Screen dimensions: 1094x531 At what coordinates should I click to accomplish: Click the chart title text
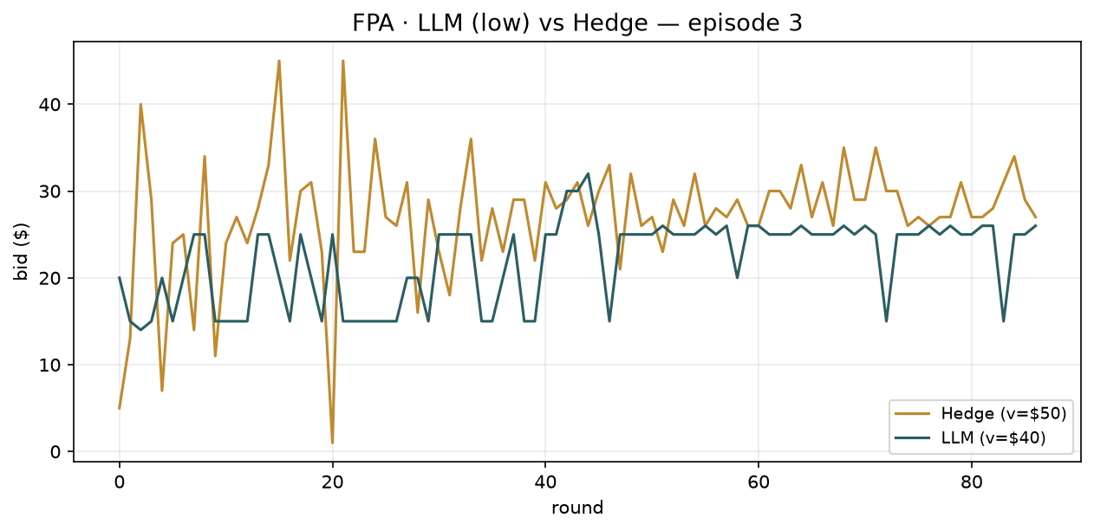[577, 23]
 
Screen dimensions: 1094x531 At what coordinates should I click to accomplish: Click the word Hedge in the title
[610, 23]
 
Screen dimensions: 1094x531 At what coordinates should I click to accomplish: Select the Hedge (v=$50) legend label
[1004, 413]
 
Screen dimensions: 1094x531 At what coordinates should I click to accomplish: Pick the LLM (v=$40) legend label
[993, 437]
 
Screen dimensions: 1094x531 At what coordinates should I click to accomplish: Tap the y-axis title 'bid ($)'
[22, 252]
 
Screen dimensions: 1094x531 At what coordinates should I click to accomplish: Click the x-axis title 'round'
[577, 508]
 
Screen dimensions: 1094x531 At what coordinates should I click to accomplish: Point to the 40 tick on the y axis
[49, 105]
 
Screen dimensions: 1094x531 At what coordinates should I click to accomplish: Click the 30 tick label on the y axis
[49, 191]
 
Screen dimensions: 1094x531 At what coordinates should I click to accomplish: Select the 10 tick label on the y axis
[49, 365]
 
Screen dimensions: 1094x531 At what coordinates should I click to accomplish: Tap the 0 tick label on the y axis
[55, 452]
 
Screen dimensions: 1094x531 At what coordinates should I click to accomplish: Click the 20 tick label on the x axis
[333, 482]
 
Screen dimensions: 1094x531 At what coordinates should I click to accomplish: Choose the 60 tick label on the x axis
[759, 482]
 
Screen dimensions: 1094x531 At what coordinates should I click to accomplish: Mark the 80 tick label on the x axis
[972, 482]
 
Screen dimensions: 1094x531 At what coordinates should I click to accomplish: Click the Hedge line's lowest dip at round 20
[333, 443]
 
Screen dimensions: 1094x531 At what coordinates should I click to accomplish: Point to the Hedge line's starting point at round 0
[120, 408]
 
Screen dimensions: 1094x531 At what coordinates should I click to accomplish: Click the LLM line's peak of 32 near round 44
[588, 174]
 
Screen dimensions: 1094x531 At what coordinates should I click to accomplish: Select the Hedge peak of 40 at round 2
[140, 105]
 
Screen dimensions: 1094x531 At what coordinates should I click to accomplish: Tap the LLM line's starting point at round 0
[120, 278]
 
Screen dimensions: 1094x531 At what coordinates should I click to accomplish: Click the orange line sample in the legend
[912, 413]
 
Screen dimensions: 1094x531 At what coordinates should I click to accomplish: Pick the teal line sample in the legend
[912, 437]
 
